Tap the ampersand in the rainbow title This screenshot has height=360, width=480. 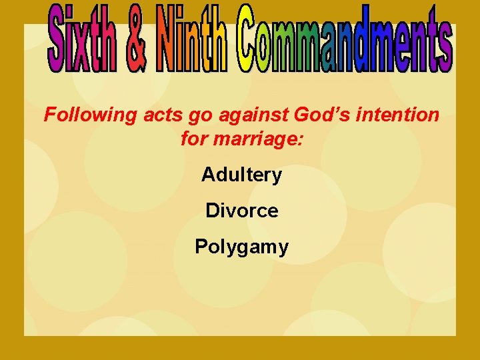point(135,41)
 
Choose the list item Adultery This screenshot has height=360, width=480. point(241,175)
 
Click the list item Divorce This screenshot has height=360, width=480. point(241,211)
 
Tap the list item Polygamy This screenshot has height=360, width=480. point(241,247)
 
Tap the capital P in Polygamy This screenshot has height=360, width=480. point(201,247)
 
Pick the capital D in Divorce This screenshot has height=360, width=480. point(212,211)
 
